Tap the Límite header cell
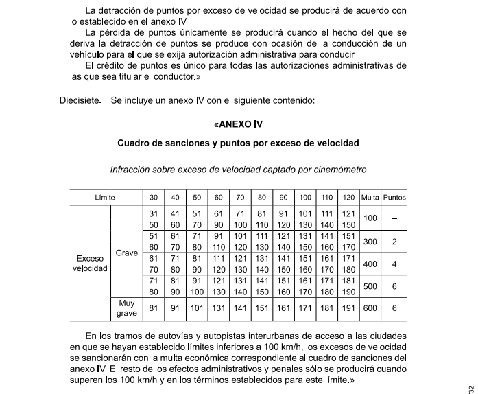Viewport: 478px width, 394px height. click(105, 198)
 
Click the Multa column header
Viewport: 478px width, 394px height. click(370, 198)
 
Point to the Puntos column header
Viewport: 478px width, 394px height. click(394, 198)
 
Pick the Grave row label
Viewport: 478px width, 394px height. click(127, 253)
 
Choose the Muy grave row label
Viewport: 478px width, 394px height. click(127, 308)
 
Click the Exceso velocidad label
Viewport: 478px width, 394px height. click(91, 264)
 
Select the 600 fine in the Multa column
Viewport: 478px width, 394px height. click(370, 308)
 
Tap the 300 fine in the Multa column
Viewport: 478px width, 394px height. click(370, 242)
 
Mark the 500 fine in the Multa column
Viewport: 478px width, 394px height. click(370, 286)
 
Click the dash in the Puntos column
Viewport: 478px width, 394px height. click(394, 219)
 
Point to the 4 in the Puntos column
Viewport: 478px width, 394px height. click(394, 264)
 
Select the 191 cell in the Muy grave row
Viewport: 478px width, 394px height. click(348, 308)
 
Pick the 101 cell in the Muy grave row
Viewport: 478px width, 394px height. click(197, 308)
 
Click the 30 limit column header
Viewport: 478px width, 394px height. click(153, 198)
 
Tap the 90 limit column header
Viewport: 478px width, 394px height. click(283, 198)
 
